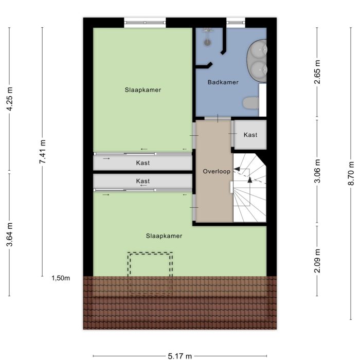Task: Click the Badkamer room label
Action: (x=223, y=82)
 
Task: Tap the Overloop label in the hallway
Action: (x=215, y=171)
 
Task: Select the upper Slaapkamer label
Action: (x=143, y=89)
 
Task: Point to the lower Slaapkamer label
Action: (x=164, y=236)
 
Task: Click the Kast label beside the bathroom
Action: (x=250, y=135)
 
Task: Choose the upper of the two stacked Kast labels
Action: (x=143, y=163)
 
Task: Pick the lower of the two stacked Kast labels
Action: (x=143, y=181)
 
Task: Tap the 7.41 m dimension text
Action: (x=43, y=152)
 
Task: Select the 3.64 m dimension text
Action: (x=9, y=234)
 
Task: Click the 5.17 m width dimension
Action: (x=179, y=355)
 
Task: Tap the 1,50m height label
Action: (x=60, y=278)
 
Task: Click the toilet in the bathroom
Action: (x=250, y=103)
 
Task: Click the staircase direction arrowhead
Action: (x=250, y=180)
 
